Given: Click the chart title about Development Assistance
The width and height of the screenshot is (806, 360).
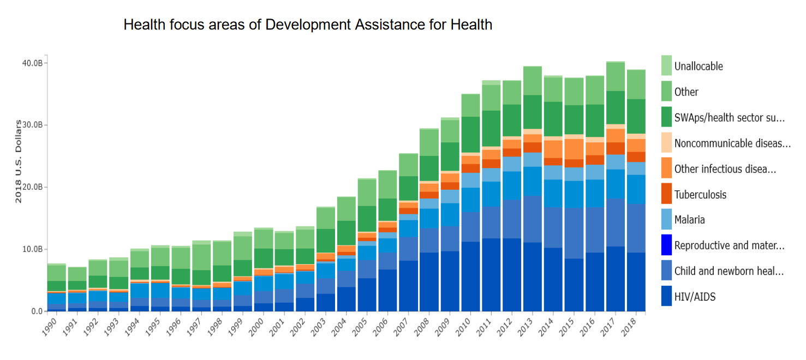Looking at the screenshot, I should [x=308, y=25].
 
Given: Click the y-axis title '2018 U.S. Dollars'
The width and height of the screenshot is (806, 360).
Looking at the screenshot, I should [x=18, y=162].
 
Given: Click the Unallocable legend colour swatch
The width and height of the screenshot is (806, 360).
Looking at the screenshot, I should [x=666, y=65].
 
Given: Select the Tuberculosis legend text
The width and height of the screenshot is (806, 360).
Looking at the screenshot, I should [x=700, y=195].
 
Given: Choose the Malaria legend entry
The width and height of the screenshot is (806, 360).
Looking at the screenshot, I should [x=689, y=220].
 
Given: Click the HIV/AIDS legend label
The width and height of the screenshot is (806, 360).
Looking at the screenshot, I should [x=695, y=297].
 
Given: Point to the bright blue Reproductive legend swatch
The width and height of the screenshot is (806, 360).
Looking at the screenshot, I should [x=666, y=245].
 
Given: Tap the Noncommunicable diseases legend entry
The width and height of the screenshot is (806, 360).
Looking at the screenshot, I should [x=732, y=143].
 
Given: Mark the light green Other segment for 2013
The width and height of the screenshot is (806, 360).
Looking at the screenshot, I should [x=532, y=81].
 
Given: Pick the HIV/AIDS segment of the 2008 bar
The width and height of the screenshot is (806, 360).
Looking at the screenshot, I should [x=429, y=282].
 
